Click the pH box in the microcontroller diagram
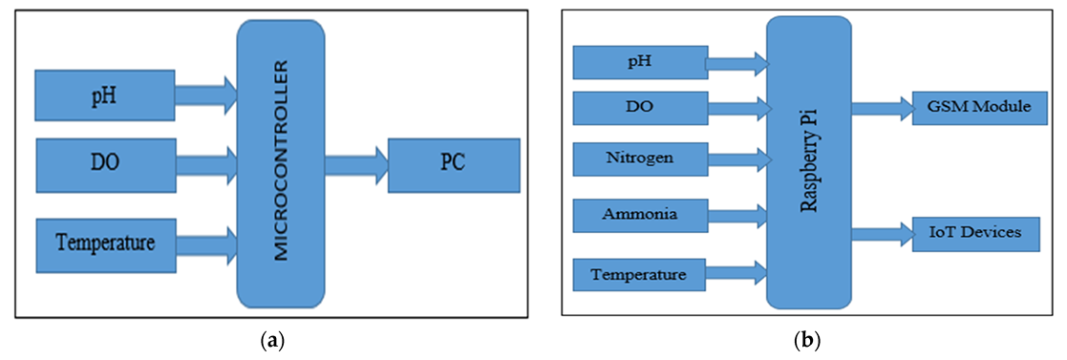104,95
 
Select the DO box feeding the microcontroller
104,163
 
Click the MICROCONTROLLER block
280,162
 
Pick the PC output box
454,162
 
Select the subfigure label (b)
809,338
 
